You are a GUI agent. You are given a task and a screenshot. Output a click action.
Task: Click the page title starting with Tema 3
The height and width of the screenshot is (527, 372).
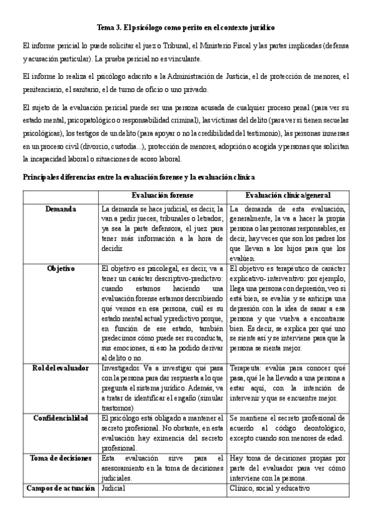[x=186, y=28]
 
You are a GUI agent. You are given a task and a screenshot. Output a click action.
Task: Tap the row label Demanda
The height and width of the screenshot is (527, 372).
[x=61, y=209]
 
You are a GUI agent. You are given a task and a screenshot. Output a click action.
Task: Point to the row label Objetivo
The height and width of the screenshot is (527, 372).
[x=61, y=268]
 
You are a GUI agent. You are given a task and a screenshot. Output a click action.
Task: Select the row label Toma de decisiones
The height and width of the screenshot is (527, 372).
[x=61, y=458]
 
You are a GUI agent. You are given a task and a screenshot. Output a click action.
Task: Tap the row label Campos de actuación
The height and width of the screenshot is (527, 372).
[x=61, y=488]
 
